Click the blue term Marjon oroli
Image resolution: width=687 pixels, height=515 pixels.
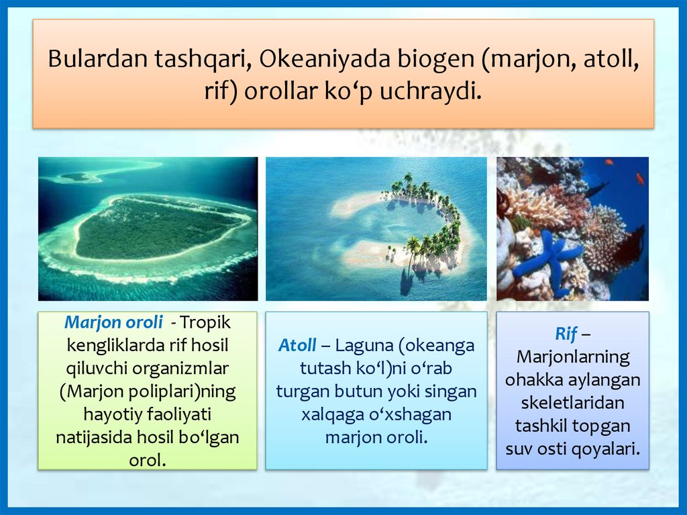[x=113, y=322]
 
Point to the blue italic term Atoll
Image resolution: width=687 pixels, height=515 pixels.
[x=297, y=345]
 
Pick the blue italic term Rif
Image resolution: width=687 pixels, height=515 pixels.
[x=566, y=334]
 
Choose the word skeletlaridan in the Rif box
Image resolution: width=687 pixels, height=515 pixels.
[x=573, y=403]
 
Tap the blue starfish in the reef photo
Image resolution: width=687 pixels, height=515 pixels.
[x=546, y=258]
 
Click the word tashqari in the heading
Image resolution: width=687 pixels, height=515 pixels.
[x=203, y=60]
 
